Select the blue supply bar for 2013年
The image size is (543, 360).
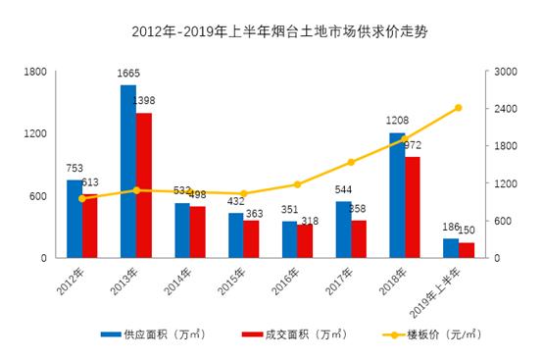click(128, 172)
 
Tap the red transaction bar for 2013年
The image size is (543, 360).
click(144, 185)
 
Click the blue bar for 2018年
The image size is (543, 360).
click(397, 195)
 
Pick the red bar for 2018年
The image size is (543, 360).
click(413, 207)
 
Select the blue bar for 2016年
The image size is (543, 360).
click(289, 239)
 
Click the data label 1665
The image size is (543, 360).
click(129, 75)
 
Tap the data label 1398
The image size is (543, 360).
click(144, 101)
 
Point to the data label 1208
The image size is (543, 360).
click(397, 122)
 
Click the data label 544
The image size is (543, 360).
click(344, 190)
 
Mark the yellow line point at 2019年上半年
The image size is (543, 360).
click(459, 108)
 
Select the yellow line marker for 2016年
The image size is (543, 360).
click(297, 184)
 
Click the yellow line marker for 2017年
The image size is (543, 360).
click(351, 163)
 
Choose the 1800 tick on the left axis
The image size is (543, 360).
click(35, 72)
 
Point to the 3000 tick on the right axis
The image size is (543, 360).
click(505, 72)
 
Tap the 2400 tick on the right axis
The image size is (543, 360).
click(505, 109)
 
